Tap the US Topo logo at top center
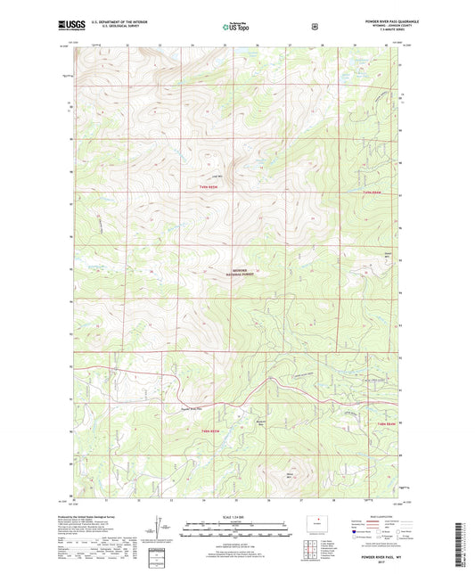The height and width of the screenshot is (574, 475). pos(235,28)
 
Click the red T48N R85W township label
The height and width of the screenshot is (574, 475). pos(207,428)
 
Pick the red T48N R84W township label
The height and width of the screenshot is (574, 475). pos(385,424)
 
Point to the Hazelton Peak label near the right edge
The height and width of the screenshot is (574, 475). pos(387,256)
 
